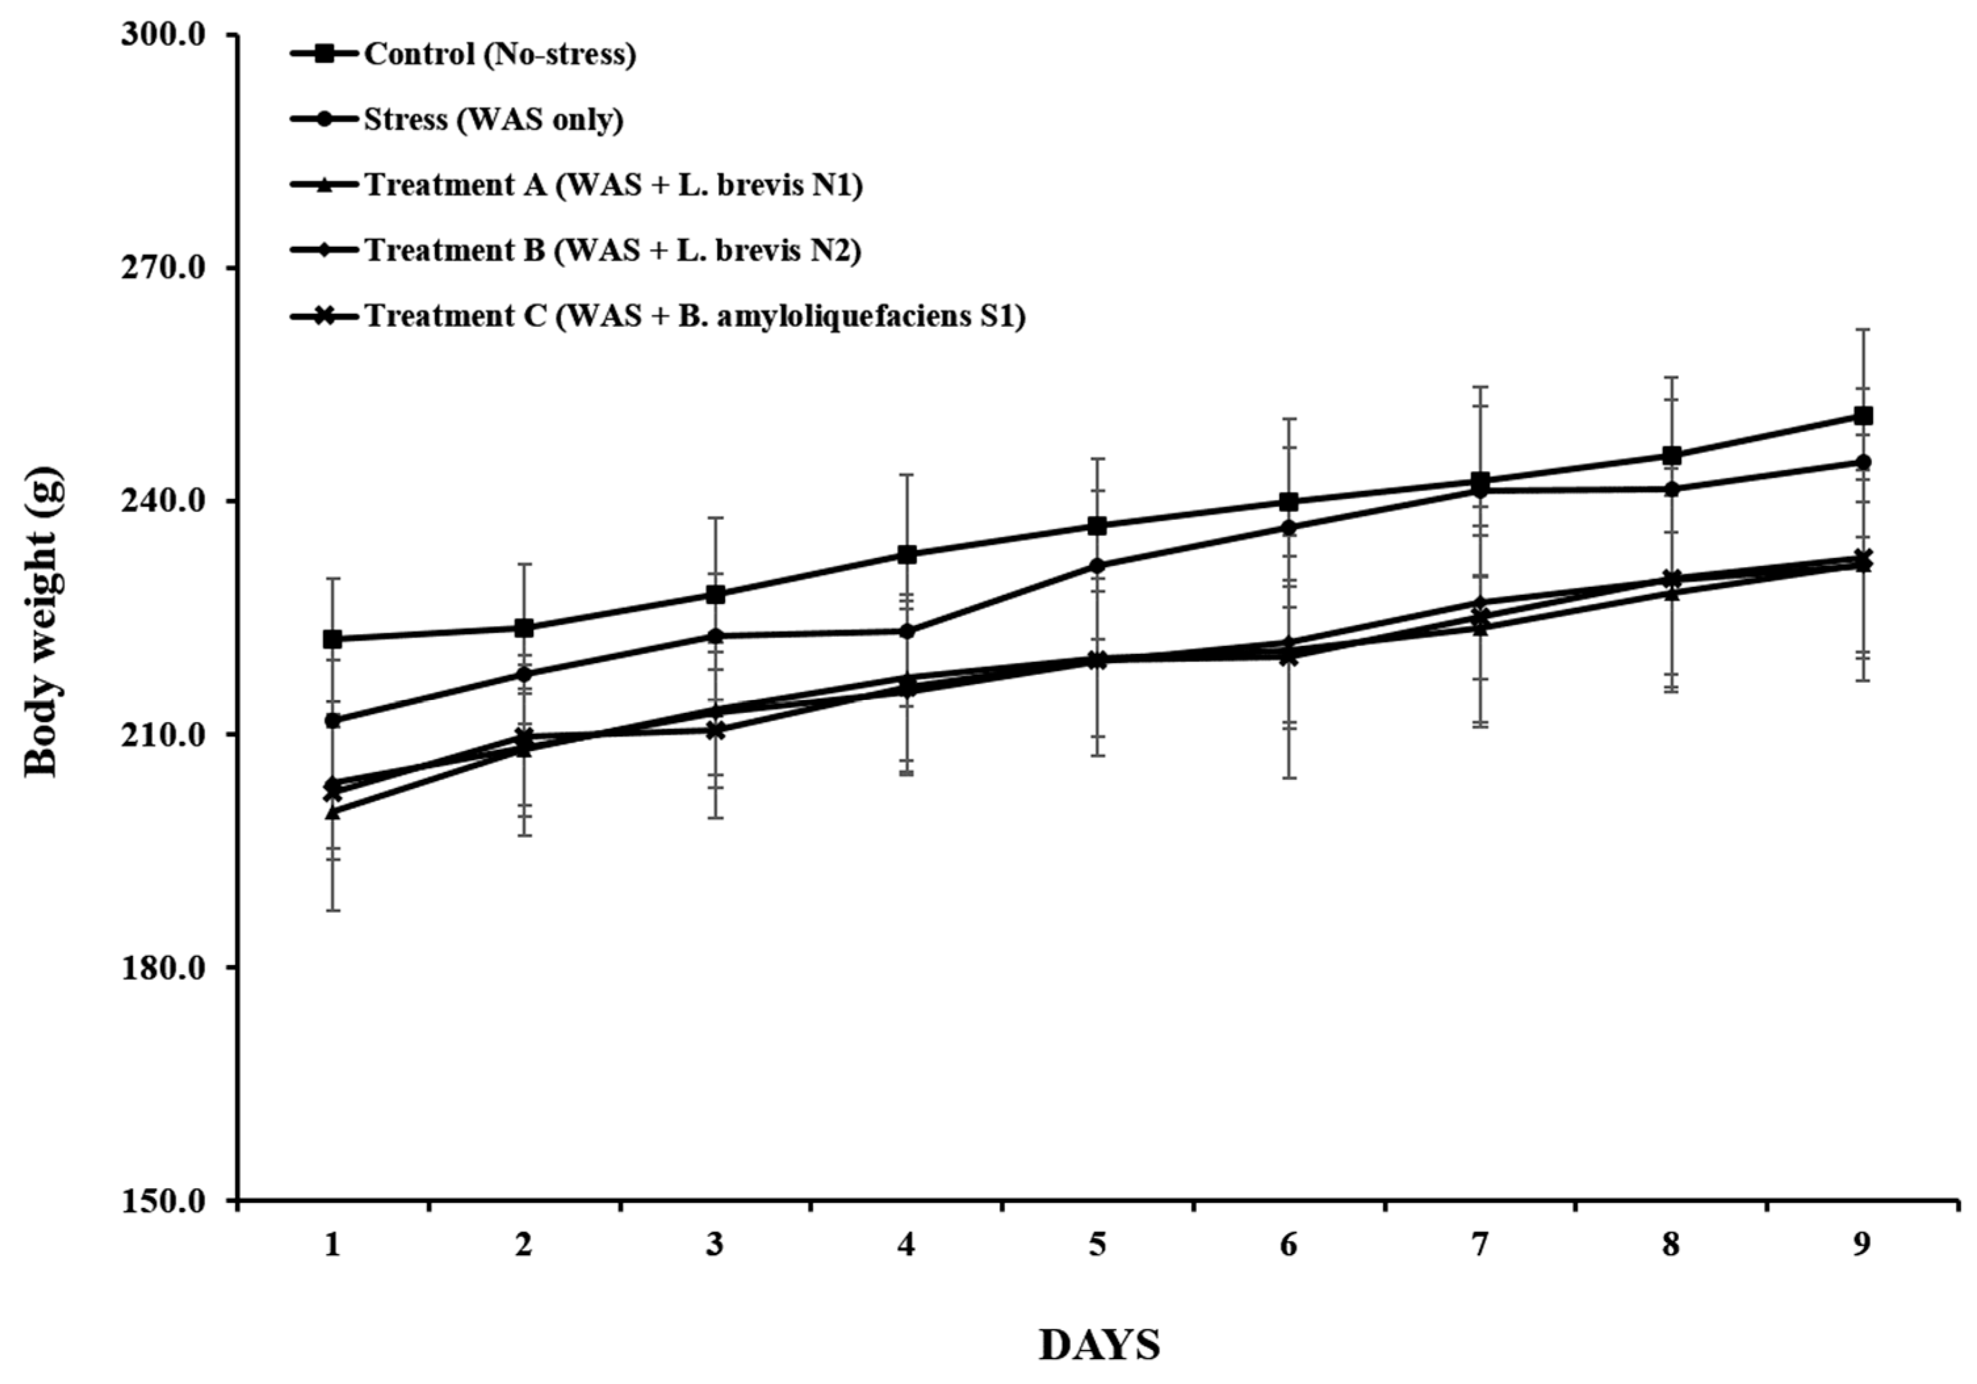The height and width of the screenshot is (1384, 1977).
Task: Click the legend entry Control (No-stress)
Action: [500, 54]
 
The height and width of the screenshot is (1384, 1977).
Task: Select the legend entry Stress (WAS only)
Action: [492, 119]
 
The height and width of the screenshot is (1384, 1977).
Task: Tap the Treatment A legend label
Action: [613, 185]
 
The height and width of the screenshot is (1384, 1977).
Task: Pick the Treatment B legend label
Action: [612, 251]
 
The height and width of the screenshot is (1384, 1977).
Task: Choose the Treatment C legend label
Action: [694, 316]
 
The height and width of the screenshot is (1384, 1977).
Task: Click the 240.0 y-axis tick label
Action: [169, 501]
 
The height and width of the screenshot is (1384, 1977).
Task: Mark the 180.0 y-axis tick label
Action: [169, 967]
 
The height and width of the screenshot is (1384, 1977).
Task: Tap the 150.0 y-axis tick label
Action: [169, 1201]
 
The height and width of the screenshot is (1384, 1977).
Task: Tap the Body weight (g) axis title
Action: [41, 622]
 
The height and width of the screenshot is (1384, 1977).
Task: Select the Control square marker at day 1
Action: [332, 639]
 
